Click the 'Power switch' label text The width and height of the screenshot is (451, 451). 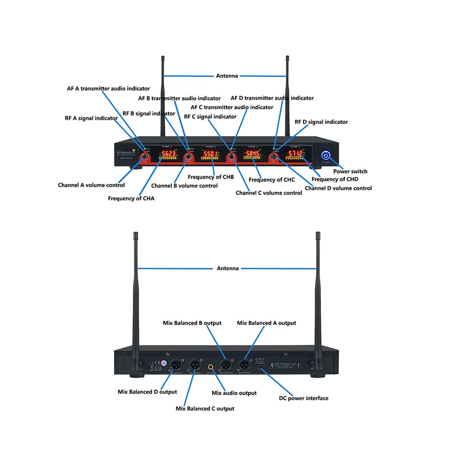click(350, 171)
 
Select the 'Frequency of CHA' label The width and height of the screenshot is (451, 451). click(131, 198)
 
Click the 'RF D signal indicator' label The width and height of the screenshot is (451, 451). click(321, 122)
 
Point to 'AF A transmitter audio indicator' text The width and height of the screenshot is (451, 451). click(108, 88)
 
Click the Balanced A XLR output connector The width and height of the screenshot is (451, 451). click(244, 364)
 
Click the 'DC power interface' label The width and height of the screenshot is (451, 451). click(303, 398)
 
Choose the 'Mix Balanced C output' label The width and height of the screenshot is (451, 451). click(205, 409)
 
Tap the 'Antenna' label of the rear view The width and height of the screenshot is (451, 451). click(228, 268)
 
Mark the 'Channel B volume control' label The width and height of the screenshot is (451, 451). click(184, 186)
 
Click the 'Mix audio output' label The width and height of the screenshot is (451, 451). click(234, 393)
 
